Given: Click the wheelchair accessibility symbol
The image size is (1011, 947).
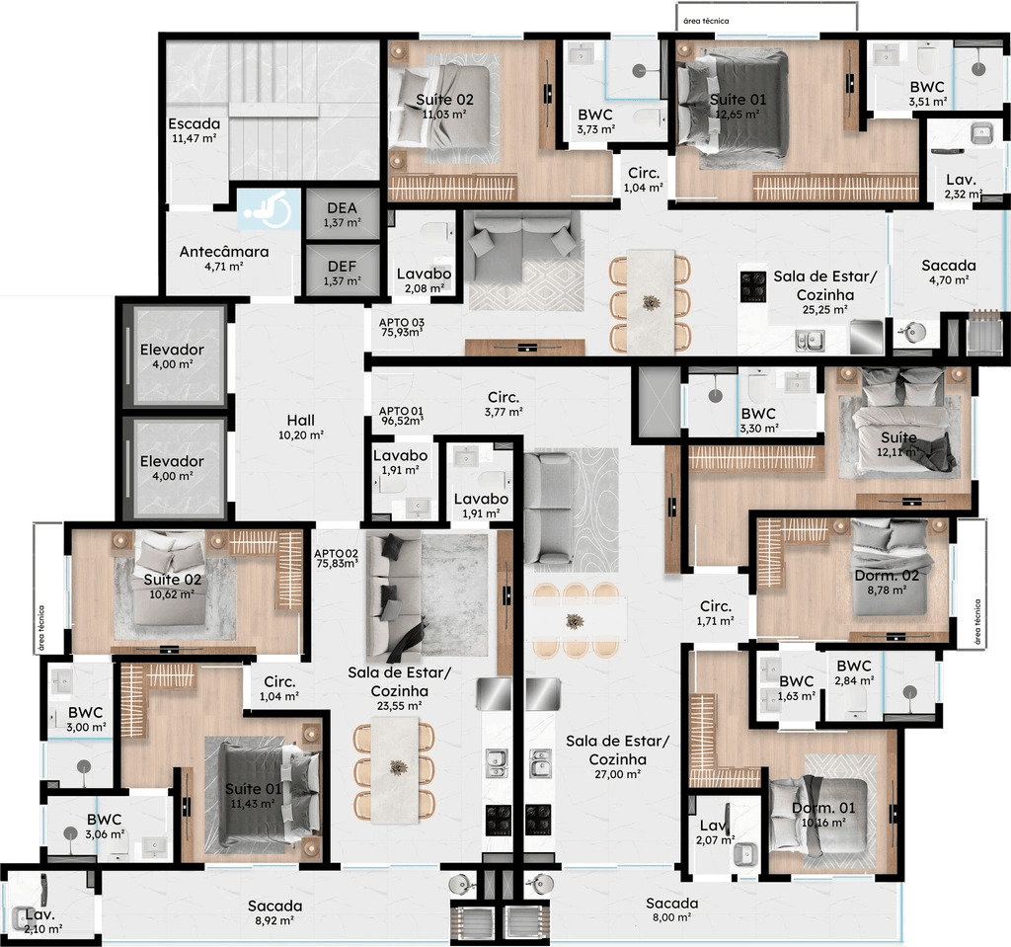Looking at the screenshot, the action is coord(269,209).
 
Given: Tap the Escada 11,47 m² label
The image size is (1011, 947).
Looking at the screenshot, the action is coord(194,129).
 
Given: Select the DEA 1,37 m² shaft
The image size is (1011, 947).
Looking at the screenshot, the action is coord(343,214).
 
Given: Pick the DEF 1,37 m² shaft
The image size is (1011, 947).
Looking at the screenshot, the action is coord(343,273).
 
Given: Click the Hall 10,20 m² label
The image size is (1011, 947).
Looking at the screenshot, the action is coord(300,427).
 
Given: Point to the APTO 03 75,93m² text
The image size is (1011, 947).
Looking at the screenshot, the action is coord(401,327).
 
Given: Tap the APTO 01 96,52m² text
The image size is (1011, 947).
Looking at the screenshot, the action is coord(401,416).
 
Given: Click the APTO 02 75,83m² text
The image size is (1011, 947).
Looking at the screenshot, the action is coord(336,558).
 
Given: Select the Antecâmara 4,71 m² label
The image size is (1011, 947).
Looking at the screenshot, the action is coord(224,258).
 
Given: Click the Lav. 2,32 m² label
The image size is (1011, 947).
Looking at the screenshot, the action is coord(964,186).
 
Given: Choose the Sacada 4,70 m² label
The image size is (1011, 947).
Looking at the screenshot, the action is coord(949,272).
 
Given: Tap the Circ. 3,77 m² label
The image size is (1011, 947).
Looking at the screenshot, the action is coord(504,404).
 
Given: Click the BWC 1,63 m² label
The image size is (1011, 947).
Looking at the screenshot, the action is coord(797,687).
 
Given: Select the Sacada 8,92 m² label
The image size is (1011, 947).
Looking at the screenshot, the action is coord(274,912).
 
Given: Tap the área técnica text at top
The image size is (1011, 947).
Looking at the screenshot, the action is coord(706,21).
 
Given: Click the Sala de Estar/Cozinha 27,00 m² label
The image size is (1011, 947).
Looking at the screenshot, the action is coord(618,756).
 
